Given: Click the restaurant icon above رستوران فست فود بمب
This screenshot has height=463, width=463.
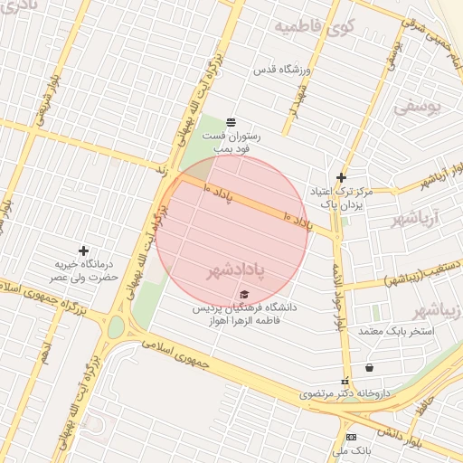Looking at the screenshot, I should coord(231,121).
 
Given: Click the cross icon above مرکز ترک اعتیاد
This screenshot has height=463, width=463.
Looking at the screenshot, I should coord(341,177).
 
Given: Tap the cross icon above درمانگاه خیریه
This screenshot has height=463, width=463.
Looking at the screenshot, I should coord(84,250).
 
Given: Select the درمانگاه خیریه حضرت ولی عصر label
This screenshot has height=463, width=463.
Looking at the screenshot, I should coord(84,271).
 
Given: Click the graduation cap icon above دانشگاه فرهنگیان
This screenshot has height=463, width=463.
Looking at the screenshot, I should coord(242,295).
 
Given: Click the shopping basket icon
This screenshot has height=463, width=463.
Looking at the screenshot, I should coord(369,367).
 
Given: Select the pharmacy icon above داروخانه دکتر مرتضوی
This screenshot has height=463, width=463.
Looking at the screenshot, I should coord(344,382).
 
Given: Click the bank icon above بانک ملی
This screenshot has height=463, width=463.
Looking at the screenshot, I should coord(351,437).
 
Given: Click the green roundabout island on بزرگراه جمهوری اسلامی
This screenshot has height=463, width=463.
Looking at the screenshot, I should coord(116,327).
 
